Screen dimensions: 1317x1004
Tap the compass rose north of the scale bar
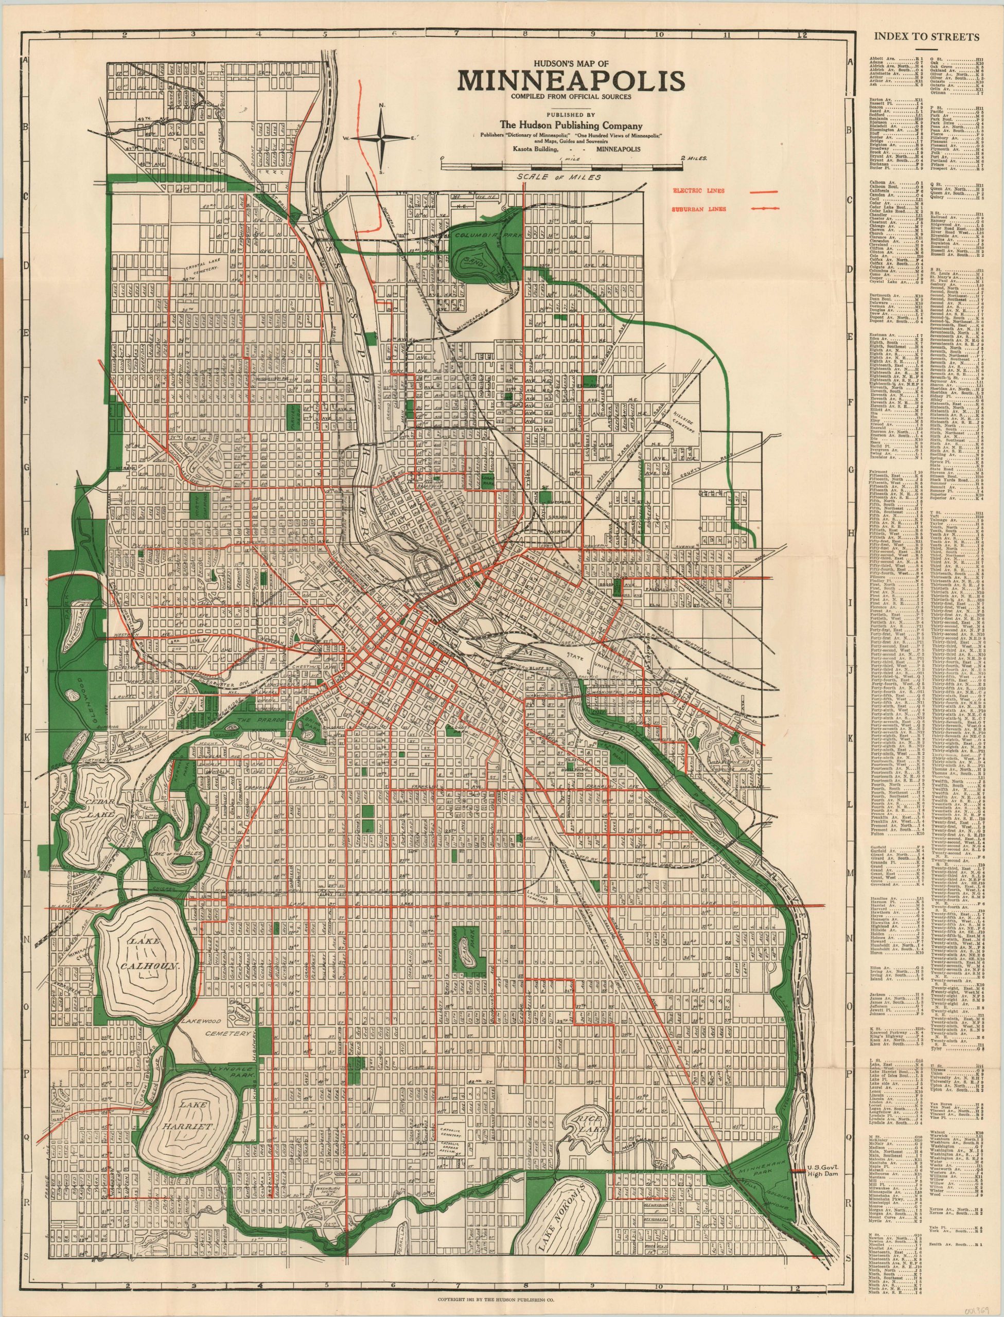(382, 138)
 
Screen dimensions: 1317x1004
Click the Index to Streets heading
(926, 37)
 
